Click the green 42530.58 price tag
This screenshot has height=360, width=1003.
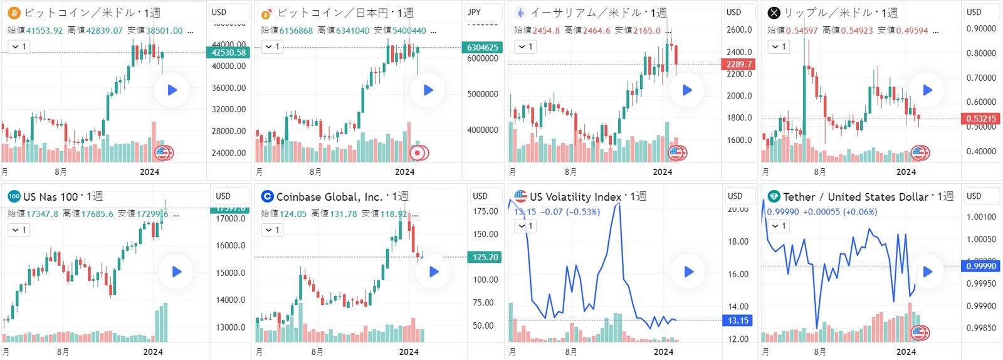[228, 53]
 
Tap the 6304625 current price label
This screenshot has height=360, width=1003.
[482, 47]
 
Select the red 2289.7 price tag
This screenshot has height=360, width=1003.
[739, 64]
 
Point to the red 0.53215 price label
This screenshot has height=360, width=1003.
[980, 119]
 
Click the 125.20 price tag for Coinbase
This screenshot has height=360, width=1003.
[485, 257]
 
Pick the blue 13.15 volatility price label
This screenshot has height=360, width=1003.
[738, 320]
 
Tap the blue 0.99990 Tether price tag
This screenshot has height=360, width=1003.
[981, 266]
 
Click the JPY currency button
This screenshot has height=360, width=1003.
[475, 12]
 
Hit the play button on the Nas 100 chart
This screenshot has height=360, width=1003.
[176, 272]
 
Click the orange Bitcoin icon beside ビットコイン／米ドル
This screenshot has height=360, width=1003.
[14, 13]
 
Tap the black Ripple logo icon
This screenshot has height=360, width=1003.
[774, 13]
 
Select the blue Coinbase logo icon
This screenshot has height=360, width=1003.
[267, 196]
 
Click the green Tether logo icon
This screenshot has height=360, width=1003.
[774, 196]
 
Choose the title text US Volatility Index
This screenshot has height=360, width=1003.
[575, 197]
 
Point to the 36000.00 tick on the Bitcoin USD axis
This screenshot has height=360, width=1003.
[228, 88]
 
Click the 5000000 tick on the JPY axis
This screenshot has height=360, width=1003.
[483, 94]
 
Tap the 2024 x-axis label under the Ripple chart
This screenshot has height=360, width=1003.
[906, 172]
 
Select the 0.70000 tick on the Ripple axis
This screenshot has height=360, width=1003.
[981, 78]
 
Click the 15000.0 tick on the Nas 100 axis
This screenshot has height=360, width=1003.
[231, 273]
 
